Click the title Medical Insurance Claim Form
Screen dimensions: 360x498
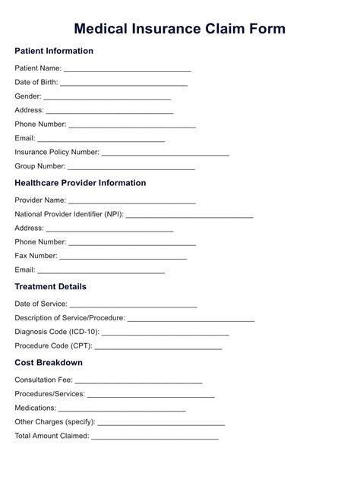click(x=180, y=29)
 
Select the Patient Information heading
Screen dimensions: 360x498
click(x=54, y=51)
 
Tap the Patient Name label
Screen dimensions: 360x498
click(x=38, y=68)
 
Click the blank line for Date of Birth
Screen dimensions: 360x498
click(x=124, y=84)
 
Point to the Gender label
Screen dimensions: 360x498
click(x=28, y=96)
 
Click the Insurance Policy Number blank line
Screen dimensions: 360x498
click(x=165, y=153)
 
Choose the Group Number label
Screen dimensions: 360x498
click(x=40, y=166)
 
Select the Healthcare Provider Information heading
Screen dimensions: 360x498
click(x=81, y=183)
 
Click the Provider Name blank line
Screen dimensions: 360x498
click(x=132, y=201)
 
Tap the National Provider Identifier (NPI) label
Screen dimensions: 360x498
click(x=69, y=214)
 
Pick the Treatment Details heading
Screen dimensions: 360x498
click(x=50, y=287)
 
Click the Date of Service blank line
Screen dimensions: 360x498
click(x=133, y=305)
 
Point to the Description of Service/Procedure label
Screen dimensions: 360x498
click(x=70, y=318)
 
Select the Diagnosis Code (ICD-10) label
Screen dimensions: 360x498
click(x=57, y=333)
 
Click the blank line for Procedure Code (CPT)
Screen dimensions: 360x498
click(x=158, y=347)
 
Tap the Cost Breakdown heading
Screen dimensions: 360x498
click(x=49, y=363)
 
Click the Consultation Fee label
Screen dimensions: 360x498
click(x=43, y=380)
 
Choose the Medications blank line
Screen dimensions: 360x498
click(x=122, y=409)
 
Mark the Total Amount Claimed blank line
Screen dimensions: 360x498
click(x=155, y=437)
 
